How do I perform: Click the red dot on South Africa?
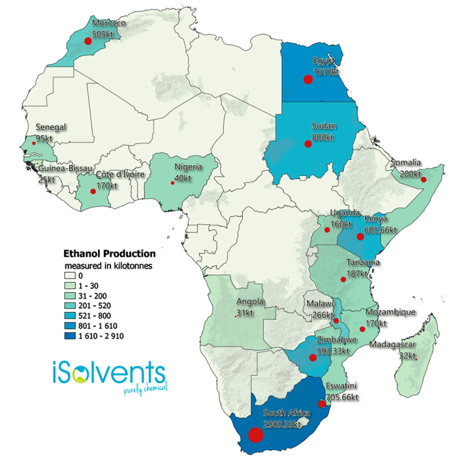pos(256,435)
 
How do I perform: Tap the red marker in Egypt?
pos(308,79)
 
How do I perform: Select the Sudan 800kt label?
pos(323,131)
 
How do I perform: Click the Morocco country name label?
pos(109,23)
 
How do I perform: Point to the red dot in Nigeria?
pos(172,183)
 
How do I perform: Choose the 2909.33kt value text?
pos(282,424)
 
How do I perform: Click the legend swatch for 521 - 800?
pos(70,316)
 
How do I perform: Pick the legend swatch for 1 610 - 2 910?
pos(70,336)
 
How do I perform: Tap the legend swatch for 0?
pos(70,275)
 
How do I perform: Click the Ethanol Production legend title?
pos(109,253)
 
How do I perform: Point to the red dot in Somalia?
pos(423,179)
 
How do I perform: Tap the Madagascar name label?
pos(392,345)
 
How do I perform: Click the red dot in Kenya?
pos(360,237)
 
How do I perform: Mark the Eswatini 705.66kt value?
pos(342,397)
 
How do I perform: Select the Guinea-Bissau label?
pos(65,169)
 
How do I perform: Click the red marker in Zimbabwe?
pos(313,357)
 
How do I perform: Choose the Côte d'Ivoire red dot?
pos(93,191)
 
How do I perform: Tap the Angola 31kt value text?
pos(245,313)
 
